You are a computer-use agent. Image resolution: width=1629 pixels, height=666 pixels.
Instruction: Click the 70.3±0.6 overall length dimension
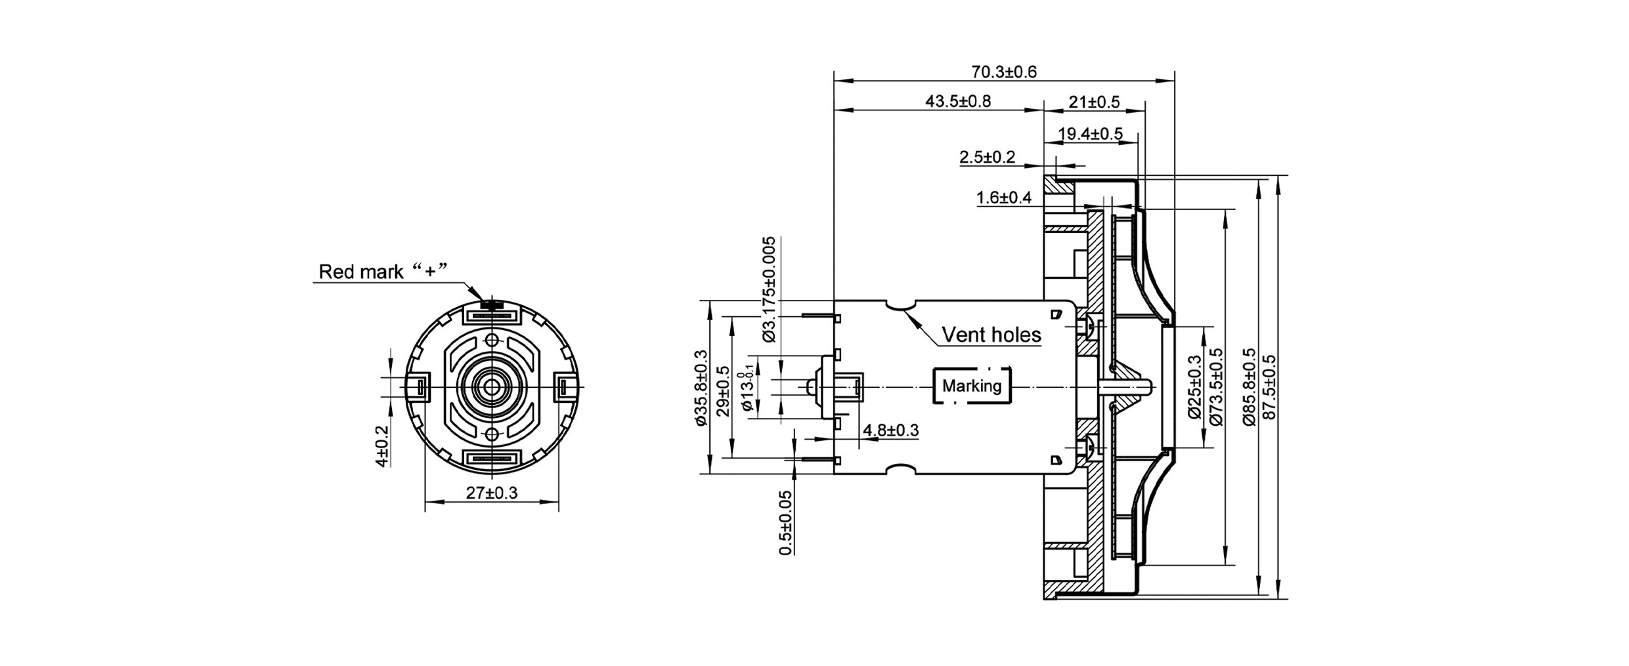[1004, 72]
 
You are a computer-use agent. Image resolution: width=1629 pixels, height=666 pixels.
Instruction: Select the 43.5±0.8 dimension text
[958, 101]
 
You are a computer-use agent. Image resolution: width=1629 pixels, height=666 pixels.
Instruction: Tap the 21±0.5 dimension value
[1094, 102]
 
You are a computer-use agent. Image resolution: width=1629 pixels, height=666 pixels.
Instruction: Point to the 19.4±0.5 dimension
[1090, 134]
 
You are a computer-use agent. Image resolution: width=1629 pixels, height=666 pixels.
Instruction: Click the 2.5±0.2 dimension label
[987, 157]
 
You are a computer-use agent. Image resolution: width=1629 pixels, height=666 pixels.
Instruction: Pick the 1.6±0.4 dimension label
[1003, 198]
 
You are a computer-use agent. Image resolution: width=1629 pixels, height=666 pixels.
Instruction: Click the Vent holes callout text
[991, 335]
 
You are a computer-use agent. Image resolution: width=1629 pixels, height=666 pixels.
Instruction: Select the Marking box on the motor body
[972, 386]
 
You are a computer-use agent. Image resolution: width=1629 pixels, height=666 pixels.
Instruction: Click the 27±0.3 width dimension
[492, 493]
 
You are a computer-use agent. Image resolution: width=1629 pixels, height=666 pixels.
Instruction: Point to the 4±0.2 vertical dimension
[382, 447]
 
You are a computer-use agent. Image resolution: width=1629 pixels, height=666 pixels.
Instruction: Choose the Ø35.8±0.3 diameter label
[701, 388]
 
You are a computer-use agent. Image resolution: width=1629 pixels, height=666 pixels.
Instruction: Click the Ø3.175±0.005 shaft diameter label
[769, 289]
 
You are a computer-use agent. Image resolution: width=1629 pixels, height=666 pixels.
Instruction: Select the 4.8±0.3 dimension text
[890, 430]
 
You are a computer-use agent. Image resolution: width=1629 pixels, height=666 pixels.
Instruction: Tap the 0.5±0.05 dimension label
[785, 523]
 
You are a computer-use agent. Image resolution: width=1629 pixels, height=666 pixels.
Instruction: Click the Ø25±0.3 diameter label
[1194, 387]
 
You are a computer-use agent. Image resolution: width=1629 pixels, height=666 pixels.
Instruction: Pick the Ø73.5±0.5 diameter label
[1216, 387]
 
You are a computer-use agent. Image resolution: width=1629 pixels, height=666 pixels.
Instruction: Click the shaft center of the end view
[492, 387]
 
